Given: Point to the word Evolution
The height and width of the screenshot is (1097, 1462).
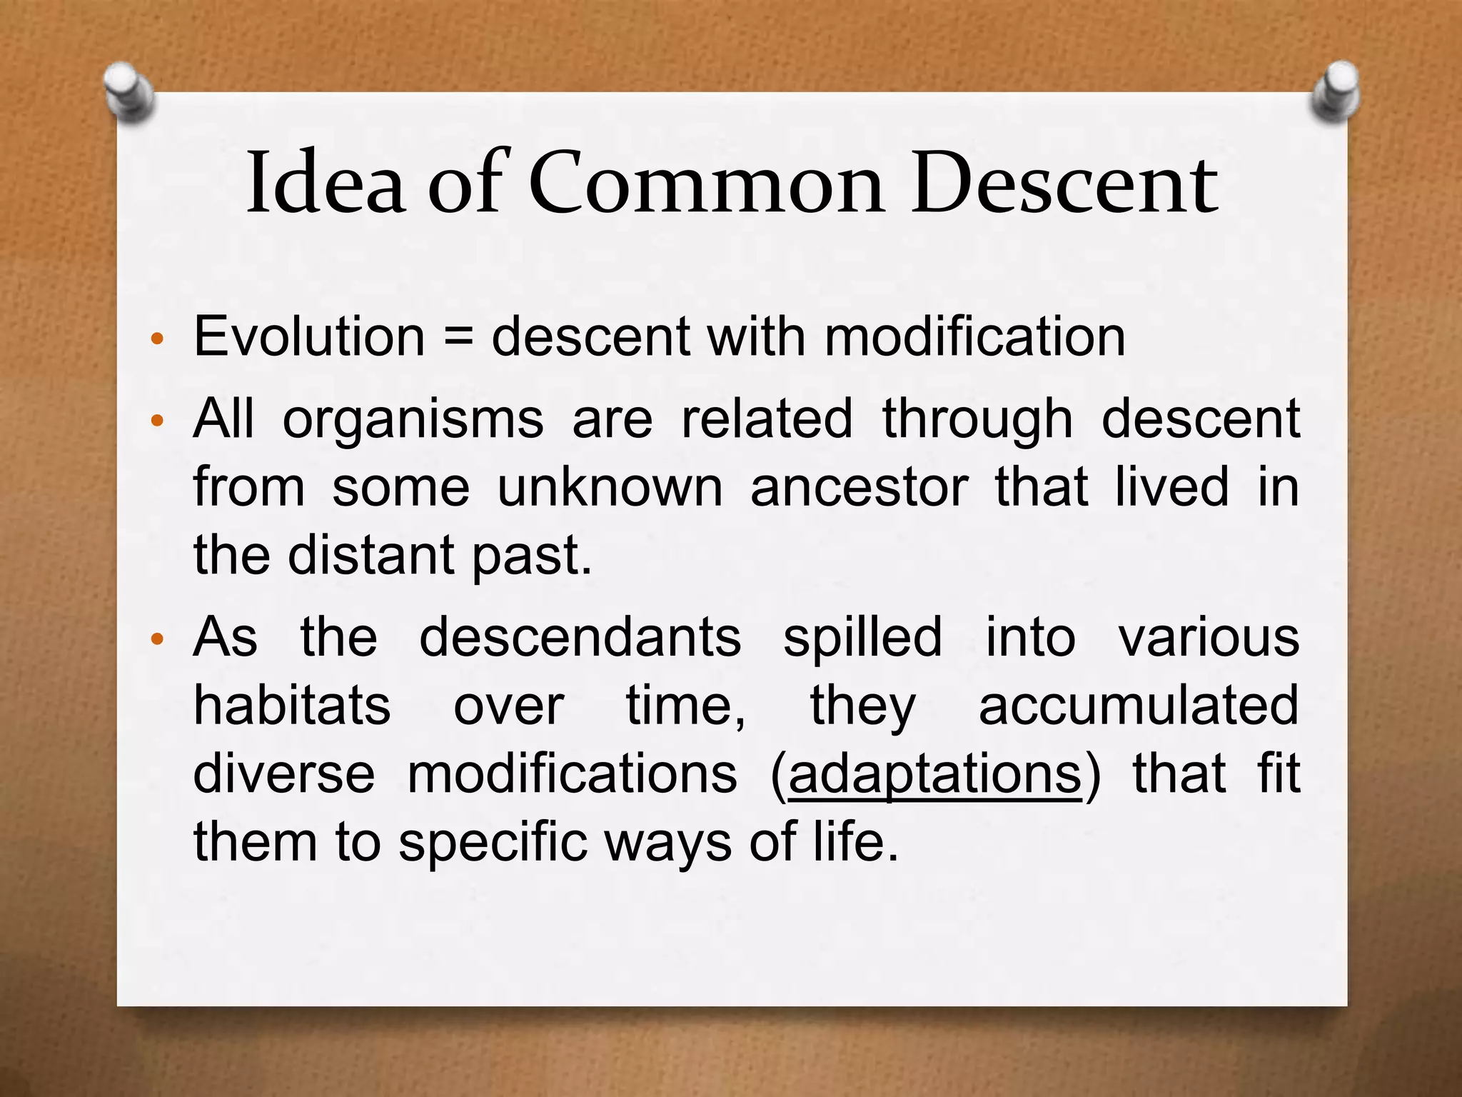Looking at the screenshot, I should (x=309, y=336).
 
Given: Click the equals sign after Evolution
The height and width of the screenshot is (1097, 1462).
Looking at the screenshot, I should (x=458, y=336).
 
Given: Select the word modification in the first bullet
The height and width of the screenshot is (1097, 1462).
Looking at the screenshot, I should (x=974, y=336).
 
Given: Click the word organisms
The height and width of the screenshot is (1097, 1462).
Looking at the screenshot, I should (x=413, y=421).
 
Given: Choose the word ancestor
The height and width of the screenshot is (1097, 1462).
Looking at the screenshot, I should (x=859, y=487).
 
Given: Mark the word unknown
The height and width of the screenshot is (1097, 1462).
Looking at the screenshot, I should (x=610, y=487).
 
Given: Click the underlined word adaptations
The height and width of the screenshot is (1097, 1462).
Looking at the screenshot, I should (x=934, y=774).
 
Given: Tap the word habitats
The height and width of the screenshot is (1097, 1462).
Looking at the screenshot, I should (x=292, y=706).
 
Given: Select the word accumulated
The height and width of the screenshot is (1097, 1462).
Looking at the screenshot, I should (x=1139, y=706).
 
